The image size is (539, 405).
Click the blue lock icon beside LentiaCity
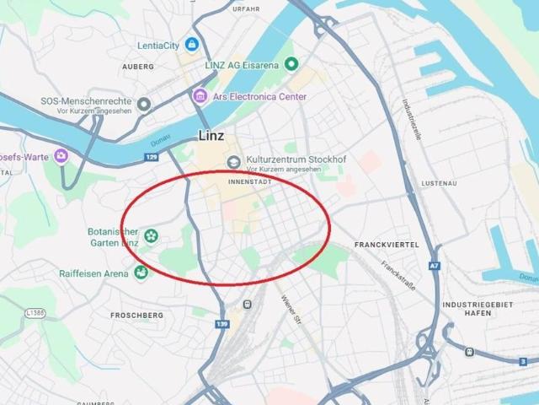[192, 44]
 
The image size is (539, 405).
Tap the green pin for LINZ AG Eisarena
[292, 64]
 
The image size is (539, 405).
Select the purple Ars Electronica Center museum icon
[200, 95]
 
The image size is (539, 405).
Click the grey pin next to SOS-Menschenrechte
[144, 105]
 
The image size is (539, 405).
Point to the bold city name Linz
[211, 136]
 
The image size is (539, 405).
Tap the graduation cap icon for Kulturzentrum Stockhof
[233, 162]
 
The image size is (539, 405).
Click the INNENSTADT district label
[249, 181]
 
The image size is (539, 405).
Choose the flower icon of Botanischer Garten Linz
[151, 235]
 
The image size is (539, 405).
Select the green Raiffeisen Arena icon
[141, 273]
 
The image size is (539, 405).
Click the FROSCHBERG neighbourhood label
[136, 315]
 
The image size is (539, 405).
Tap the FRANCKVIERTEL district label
[387, 244]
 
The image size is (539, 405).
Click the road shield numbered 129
[152, 157]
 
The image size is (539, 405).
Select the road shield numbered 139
[222, 324]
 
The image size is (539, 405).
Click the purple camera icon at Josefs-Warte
[61, 156]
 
